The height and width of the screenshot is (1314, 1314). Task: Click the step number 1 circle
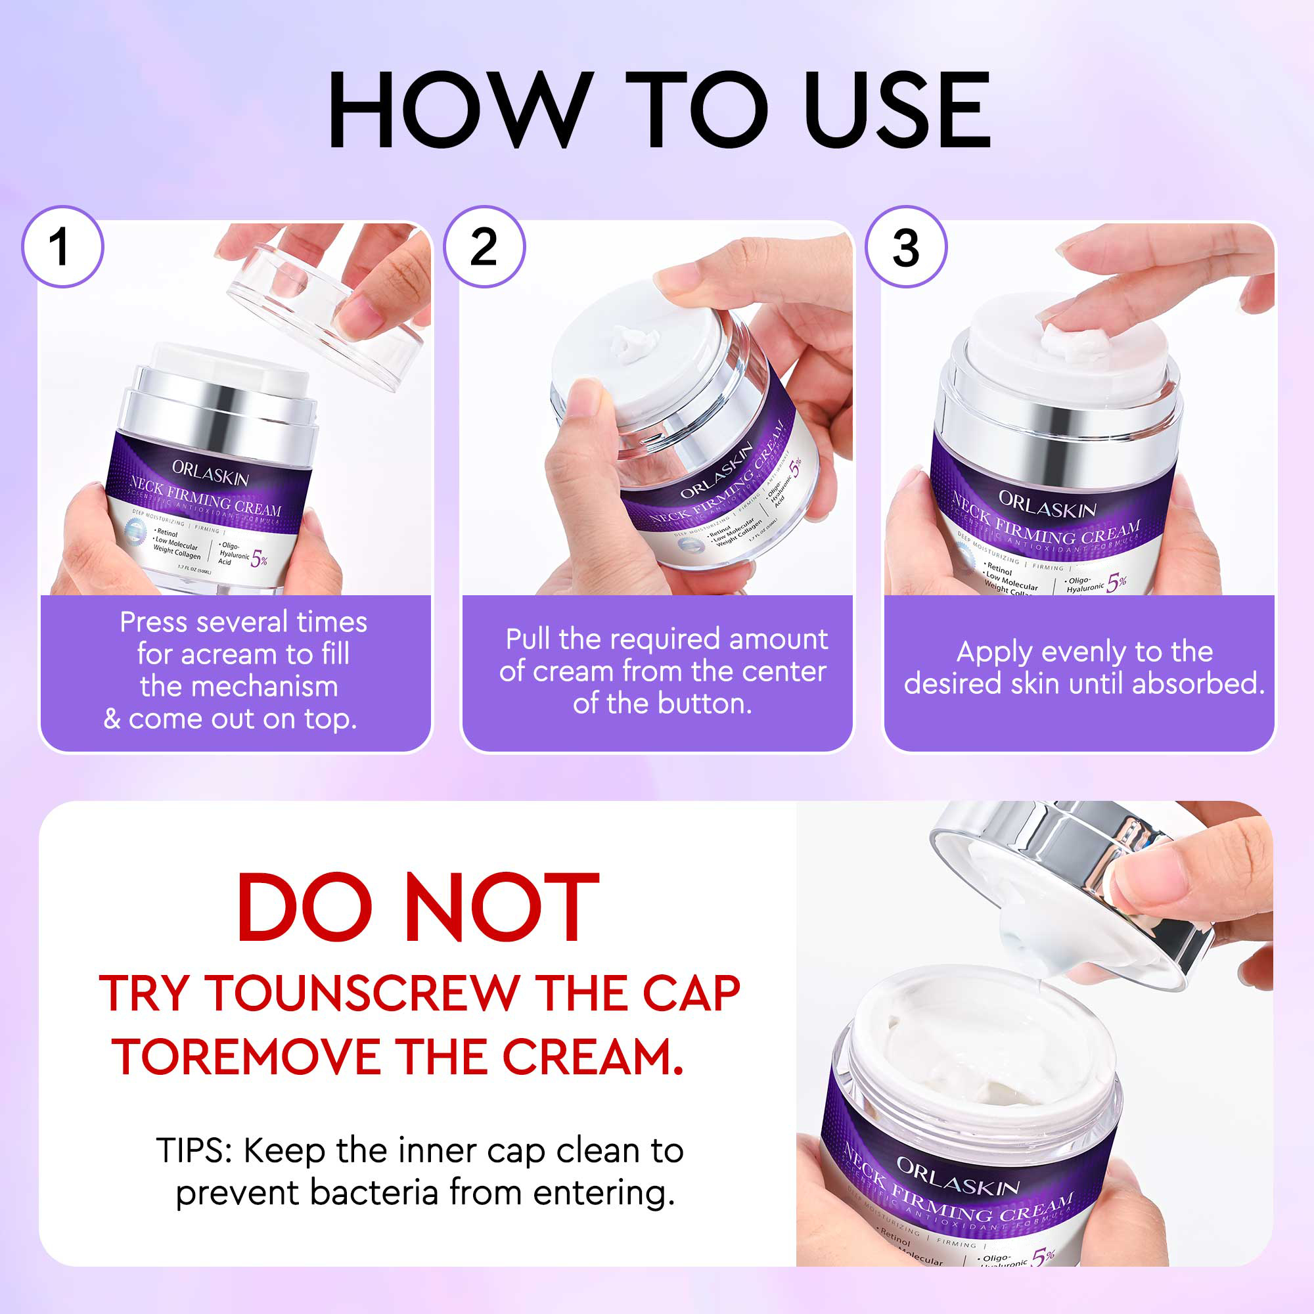pyautogui.click(x=62, y=246)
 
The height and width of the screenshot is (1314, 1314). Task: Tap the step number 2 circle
pyautogui.click(x=484, y=246)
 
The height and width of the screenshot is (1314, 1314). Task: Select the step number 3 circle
pyautogui.click(x=906, y=246)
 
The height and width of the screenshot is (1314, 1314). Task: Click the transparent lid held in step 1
pyautogui.click(x=327, y=313)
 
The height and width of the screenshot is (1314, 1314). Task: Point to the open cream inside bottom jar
pyautogui.click(x=980, y=1061)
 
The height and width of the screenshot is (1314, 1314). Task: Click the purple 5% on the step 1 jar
pyautogui.click(x=259, y=559)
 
